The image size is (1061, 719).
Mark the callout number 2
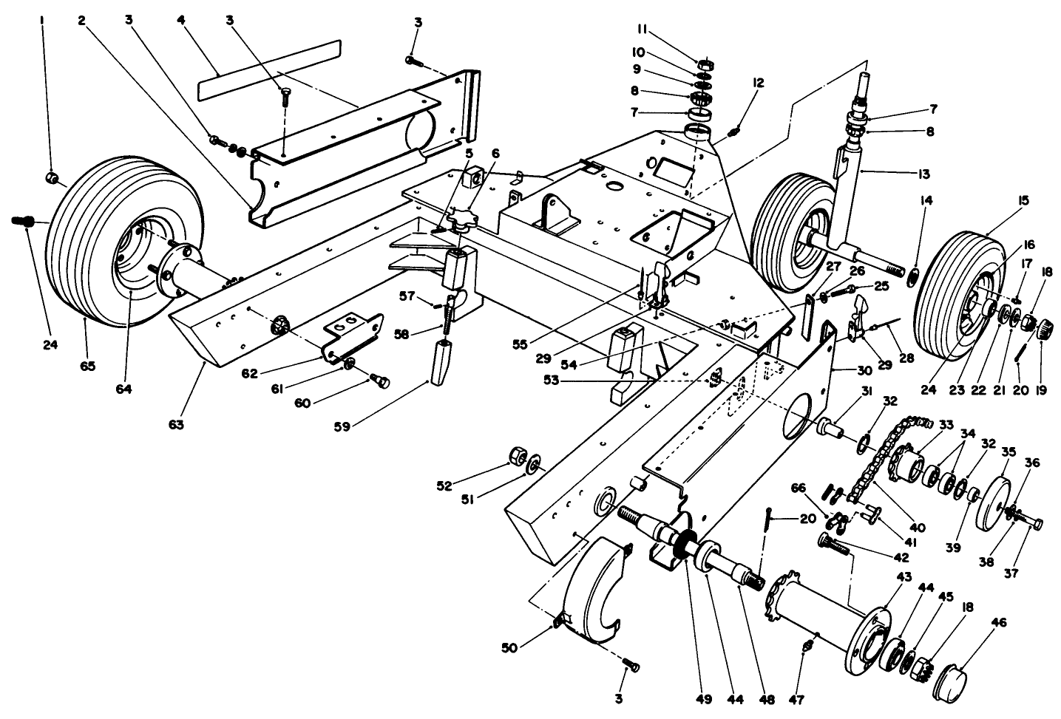(x=83, y=21)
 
